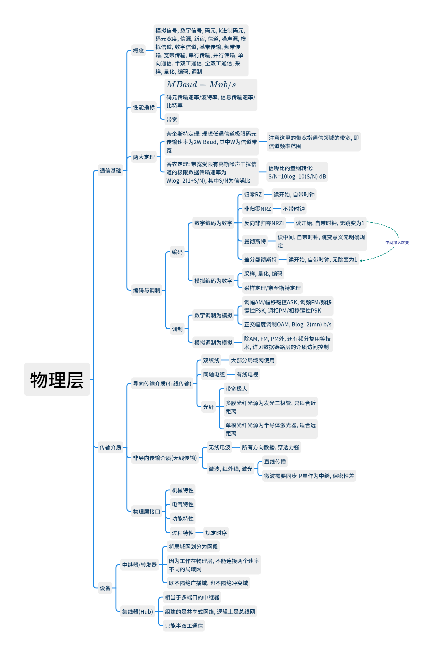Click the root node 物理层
(x=57, y=379)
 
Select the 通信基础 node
(x=110, y=170)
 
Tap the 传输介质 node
(x=110, y=447)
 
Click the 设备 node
(x=105, y=588)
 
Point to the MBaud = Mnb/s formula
(x=201, y=85)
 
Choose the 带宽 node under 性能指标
(x=172, y=119)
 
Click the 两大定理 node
(x=144, y=157)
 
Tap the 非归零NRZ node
(x=257, y=209)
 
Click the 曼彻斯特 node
(x=255, y=241)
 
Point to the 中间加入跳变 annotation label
(x=397, y=242)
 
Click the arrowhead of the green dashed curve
(x=361, y=260)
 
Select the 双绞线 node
(x=211, y=360)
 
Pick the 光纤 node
(x=208, y=407)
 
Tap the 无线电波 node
(x=219, y=447)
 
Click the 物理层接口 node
(x=146, y=511)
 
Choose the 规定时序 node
(x=216, y=533)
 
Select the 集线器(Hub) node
(x=137, y=612)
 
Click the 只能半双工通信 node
(x=184, y=626)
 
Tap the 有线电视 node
(x=247, y=375)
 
